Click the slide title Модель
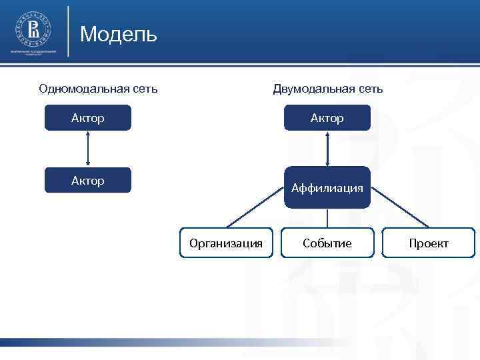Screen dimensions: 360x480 click(118, 34)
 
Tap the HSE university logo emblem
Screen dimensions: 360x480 click(34, 29)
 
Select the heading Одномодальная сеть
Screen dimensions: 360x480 click(98, 89)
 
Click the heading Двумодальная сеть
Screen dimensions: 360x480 click(327, 89)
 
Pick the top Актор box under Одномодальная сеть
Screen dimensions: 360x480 click(88, 118)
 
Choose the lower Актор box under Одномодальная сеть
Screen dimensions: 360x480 click(88, 181)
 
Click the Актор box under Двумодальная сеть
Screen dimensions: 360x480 click(327, 118)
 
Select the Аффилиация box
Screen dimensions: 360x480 click(327, 188)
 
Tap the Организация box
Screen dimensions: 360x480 click(226, 243)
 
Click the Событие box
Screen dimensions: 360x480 click(327, 243)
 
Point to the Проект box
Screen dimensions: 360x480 click(429, 243)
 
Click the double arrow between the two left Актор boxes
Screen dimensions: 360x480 click(88, 149)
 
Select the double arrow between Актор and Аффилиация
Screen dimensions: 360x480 click(327, 149)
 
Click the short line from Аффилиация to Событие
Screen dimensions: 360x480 click(327, 218)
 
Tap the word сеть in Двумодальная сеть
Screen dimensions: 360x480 click(370, 89)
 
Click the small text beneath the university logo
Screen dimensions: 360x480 click(34, 52)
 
